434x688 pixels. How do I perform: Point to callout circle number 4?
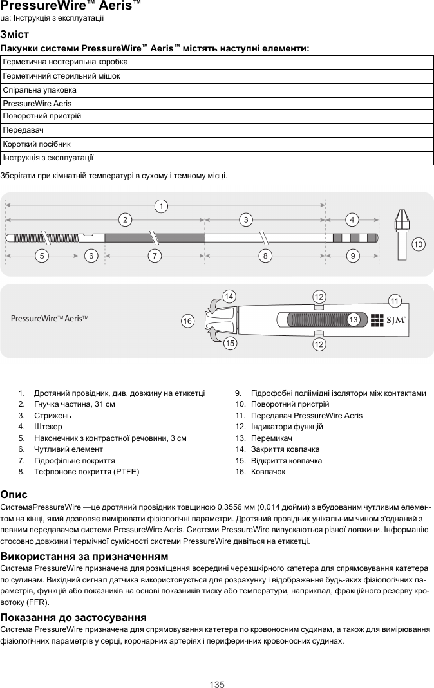[x=352, y=219]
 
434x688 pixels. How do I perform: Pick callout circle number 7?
[x=155, y=256]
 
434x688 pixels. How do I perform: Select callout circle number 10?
[x=419, y=245]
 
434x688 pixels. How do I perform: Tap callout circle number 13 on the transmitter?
[x=353, y=320]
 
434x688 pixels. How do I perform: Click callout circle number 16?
[x=187, y=320]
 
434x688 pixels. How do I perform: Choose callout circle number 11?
[x=395, y=301]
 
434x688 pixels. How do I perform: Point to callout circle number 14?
[x=228, y=295]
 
